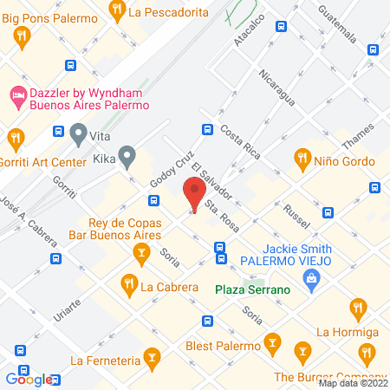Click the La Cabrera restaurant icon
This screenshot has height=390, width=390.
pyautogui.click(x=128, y=283)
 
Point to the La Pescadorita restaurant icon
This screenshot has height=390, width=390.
pyautogui.click(x=118, y=10)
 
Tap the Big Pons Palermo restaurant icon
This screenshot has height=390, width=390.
pyautogui.click(x=23, y=35)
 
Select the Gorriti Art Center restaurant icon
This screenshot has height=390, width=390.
pyautogui.click(x=15, y=137)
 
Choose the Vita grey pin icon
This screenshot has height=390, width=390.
pyautogui.click(x=79, y=133)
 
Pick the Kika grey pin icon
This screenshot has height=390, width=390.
pyautogui.click(x=127, y=157)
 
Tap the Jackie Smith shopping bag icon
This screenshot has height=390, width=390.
pyautogui.click(x=310, y=277)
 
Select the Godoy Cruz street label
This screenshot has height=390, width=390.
pyautogui.click(x=172, y=171)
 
